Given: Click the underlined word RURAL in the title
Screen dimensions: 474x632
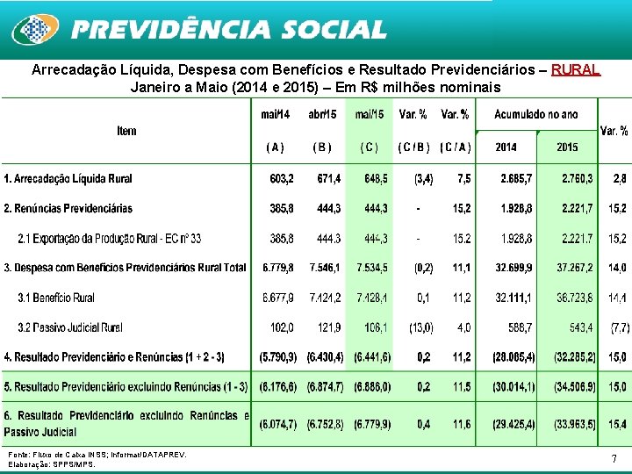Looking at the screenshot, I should [576, 69].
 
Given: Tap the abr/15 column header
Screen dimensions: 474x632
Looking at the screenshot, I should [322, 114].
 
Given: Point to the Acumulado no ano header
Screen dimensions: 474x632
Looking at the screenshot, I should [536, 114].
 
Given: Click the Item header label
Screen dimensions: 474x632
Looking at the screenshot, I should [126, 131].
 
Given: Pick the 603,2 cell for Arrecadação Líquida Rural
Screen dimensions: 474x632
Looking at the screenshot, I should [281, 179].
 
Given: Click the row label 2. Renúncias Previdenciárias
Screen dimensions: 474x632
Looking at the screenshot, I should [68, 209].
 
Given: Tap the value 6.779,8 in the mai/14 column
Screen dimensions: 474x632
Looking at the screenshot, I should [279, 268].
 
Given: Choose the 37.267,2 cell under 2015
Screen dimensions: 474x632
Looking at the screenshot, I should [574, 268].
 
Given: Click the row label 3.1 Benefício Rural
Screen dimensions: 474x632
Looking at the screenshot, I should [56, 298].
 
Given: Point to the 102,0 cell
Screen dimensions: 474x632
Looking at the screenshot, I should [283, 328].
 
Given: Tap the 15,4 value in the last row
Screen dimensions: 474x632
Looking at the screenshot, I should [618, 424].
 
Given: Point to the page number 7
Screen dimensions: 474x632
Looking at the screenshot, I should [614, 458].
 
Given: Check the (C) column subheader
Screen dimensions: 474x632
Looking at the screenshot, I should [370, 147].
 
